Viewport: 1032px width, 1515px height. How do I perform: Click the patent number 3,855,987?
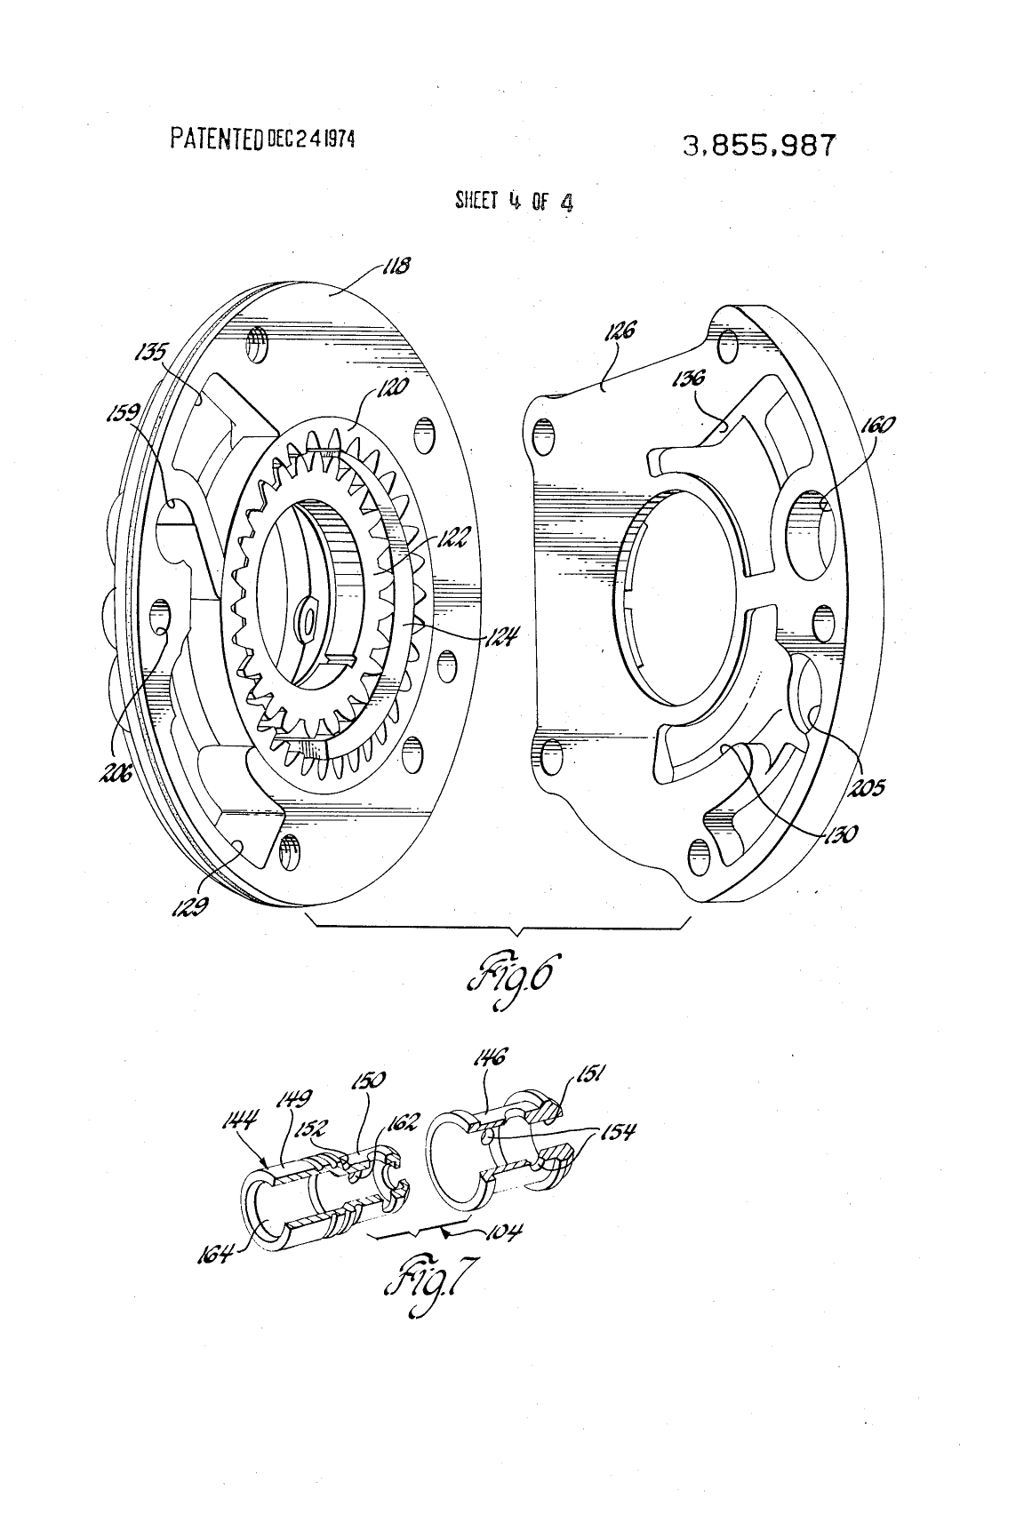pos(759,145)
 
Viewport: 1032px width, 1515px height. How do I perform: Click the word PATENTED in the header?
pos(217,139)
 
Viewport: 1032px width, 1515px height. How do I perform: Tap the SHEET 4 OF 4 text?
pos(514,202)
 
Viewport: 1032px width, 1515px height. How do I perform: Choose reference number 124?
pos(503,635)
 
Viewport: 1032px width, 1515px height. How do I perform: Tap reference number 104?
pos(504,1232)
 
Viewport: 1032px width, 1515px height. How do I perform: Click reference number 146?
pos(490,1057)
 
